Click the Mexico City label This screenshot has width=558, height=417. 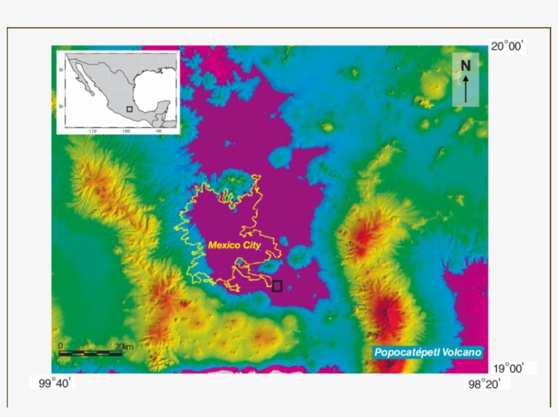234,245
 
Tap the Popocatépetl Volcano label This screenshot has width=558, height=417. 428,352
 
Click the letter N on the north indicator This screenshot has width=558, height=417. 465,65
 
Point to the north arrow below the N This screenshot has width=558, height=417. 465,88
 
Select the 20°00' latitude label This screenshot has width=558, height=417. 508,46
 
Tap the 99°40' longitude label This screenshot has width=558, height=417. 55,384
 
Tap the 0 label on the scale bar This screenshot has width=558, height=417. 61,346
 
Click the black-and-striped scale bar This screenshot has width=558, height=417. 90,353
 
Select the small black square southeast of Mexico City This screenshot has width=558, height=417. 277,286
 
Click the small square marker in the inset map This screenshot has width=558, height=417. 129,108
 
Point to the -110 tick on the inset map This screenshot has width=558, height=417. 91,131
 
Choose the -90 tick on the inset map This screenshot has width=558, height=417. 159,131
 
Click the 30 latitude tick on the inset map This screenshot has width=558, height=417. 61,69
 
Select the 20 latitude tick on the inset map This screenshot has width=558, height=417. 61,106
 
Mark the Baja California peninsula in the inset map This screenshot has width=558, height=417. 84,81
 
